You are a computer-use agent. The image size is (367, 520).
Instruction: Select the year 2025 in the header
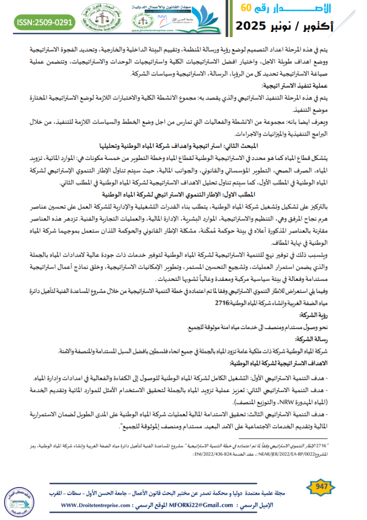258,25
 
